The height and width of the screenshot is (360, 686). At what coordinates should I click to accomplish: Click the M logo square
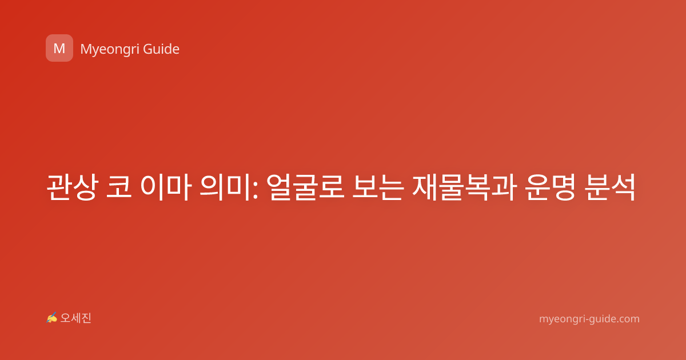59,48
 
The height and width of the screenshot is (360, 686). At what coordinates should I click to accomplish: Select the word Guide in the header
161,49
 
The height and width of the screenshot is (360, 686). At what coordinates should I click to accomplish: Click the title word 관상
73,187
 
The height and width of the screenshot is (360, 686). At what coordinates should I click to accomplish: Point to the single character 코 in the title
119,187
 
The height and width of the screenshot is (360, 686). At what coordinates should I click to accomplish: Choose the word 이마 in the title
166,187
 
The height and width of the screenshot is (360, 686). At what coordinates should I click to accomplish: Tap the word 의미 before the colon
225,187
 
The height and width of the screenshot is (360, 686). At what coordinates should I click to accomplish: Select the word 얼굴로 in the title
305,187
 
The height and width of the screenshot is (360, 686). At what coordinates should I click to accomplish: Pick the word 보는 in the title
377,187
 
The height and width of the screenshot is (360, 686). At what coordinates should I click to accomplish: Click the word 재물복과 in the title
464,187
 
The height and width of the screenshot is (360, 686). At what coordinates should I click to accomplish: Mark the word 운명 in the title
550,187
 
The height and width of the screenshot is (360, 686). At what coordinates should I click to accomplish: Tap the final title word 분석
609,187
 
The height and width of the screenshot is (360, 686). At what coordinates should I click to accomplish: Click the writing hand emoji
52,318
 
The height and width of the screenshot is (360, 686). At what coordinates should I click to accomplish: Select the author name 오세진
75,318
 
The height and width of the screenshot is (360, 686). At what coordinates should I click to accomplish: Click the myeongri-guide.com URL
589,319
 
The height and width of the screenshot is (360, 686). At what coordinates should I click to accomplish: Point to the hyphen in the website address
587,320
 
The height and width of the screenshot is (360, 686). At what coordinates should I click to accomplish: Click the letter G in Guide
147,49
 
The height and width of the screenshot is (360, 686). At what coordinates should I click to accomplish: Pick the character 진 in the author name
86,318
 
